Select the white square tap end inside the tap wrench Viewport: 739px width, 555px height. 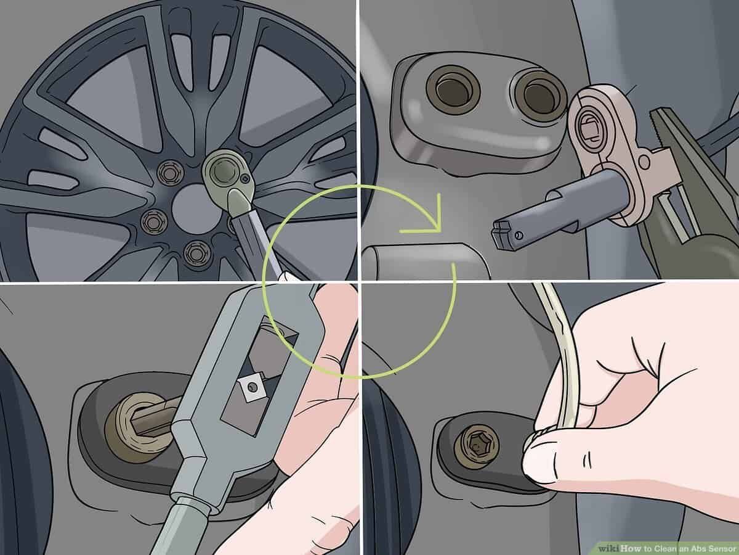point(251,387)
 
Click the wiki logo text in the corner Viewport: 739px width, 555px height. point(608,548)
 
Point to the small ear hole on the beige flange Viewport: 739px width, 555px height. point(645,162)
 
